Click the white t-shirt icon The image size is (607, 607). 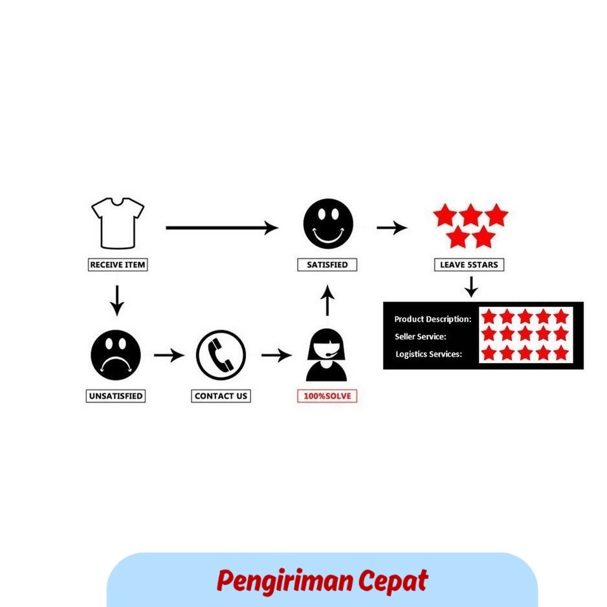click(x=118, y=223)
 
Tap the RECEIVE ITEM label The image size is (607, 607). click(x=118, y=265)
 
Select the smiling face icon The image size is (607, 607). click(x=328, y=224)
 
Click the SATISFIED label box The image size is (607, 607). click(x=327, y=265)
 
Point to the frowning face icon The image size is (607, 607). click(x=115, y=355)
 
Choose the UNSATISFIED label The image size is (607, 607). click(x=116, y=396)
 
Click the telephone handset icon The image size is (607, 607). click(x=221, y=355)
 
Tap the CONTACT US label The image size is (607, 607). click(x=221, y=396)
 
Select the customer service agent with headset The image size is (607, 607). click(x=326, y=355)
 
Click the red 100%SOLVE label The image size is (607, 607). click(x=327, y=396)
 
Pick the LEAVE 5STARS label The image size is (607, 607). click(x=469, y=265)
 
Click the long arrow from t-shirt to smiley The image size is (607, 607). click(x=222, y=228)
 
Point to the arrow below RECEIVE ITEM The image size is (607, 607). click(x=117, y=301)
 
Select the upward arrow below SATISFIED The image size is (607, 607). click(x=327, y=300)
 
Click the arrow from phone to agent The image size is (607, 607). click(x=277, y=355)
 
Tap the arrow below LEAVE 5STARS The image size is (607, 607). click(x=471, y=287)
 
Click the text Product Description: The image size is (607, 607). click(x=433, y=320)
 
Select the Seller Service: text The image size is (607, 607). click(x=421, y=337)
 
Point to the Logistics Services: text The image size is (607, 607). click(x=429, y=354)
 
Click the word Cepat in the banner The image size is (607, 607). click(x=393, y=580)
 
